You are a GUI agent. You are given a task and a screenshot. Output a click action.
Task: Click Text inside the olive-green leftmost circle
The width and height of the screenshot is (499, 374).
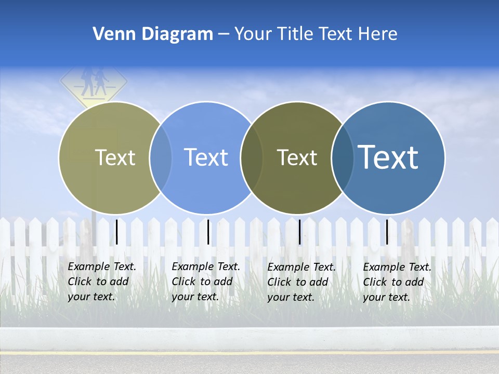pos(115,157)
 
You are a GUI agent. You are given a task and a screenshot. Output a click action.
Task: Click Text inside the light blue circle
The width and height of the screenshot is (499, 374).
pos(206,157)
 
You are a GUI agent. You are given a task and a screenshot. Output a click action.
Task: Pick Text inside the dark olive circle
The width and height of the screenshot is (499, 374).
pos(297,157)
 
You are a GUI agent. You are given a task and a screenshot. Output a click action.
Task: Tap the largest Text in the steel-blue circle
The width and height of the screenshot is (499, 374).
pos(388,157)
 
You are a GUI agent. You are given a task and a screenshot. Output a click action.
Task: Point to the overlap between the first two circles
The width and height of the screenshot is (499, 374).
pos(161,158)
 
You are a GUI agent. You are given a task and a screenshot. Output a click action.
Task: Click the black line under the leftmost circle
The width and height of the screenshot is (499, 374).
pos(117,232)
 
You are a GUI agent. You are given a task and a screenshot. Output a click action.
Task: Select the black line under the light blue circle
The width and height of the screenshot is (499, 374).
pos(208,232)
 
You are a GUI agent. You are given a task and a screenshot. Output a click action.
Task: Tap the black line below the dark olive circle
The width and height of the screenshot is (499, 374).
pos(299,232)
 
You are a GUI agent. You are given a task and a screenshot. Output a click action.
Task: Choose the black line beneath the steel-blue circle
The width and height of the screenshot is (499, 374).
pos(387,232)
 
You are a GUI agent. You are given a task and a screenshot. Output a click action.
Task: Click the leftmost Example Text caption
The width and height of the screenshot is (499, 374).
pos(102,282)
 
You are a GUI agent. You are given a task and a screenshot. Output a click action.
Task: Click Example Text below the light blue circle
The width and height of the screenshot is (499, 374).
pos(206,282)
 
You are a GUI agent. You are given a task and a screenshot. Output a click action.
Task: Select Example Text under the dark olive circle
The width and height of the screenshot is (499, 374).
pos(301,282)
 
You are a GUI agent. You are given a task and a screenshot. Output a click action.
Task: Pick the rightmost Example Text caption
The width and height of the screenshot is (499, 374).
pos(397,282)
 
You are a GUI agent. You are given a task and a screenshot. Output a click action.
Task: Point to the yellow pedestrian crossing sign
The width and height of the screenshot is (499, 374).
pos(94,83)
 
